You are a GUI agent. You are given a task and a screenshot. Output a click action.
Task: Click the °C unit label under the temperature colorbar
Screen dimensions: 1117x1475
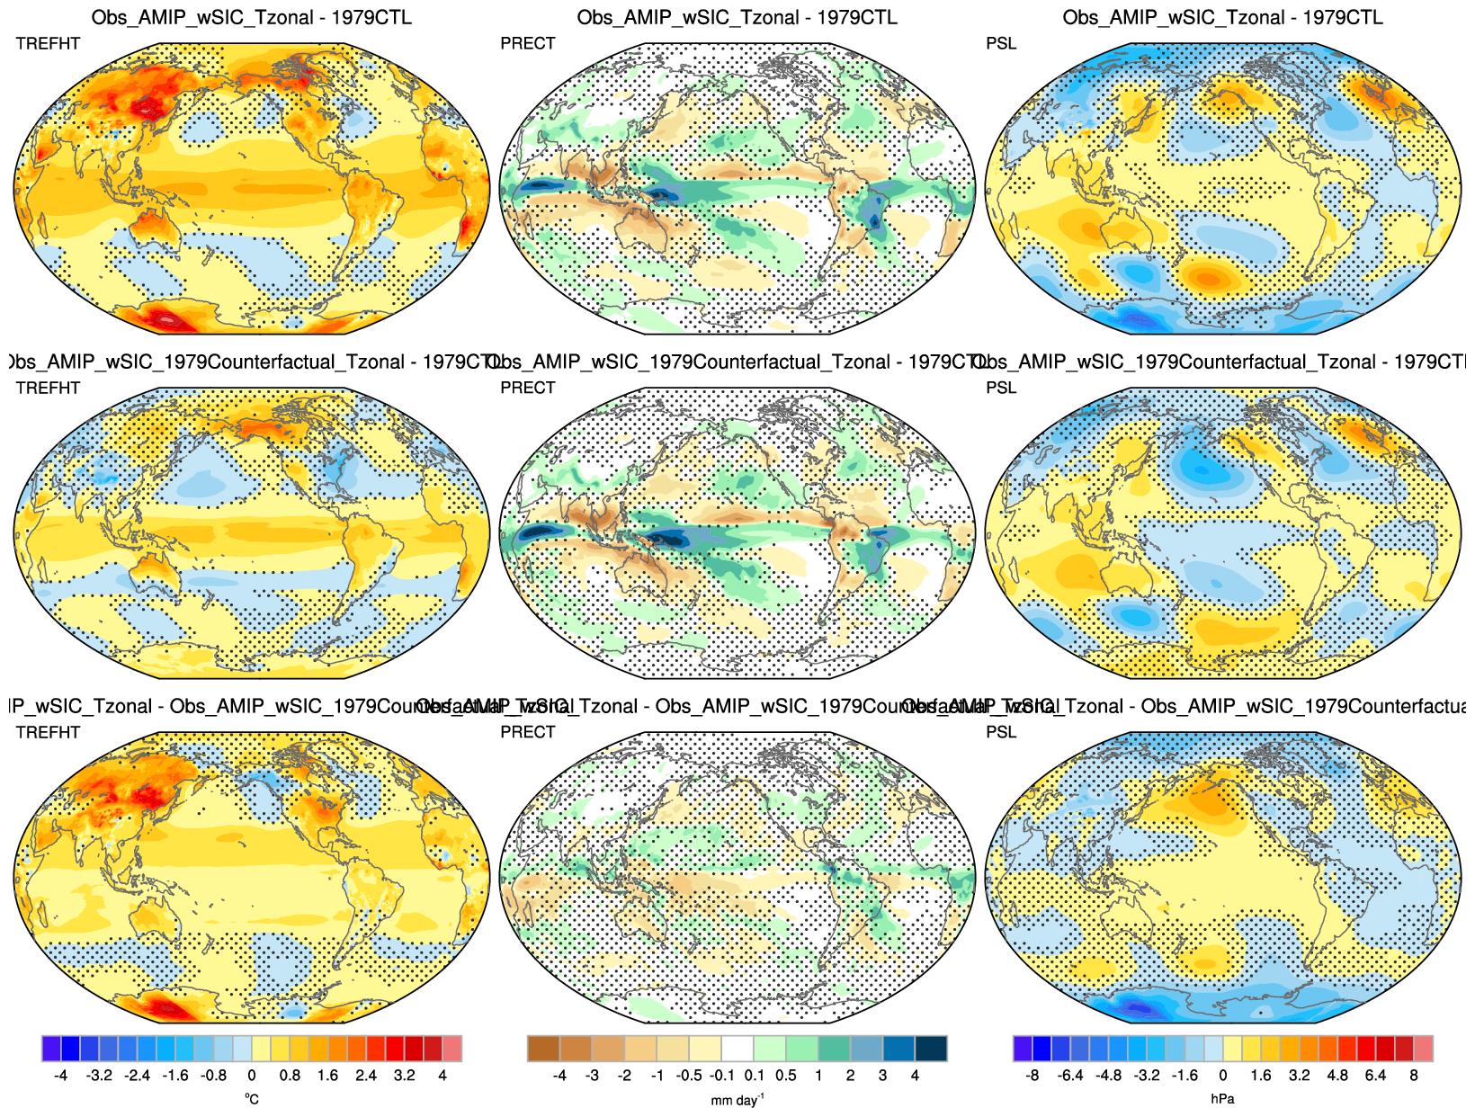point(251,1099)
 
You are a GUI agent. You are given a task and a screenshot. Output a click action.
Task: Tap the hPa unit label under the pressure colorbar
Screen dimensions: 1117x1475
point(1222,1099)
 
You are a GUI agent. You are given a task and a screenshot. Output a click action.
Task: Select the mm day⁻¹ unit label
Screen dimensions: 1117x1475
point(737,1100)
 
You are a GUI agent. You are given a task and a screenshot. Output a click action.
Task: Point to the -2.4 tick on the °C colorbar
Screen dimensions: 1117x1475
point(137,1076)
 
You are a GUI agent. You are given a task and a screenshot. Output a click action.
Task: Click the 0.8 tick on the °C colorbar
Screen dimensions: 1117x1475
point(290,1076)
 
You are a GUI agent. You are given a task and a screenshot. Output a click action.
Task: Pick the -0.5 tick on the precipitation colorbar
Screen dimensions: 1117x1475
point(689,1076)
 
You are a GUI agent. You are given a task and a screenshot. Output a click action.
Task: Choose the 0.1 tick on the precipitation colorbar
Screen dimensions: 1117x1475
point(754,1076)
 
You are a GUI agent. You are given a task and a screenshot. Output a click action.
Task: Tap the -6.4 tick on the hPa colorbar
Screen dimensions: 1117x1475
point(1070,1076)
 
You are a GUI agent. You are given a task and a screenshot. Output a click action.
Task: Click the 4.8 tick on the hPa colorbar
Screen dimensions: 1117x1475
point(1337,1076)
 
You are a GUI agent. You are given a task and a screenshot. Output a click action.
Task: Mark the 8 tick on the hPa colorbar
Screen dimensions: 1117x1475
point(1414,1076)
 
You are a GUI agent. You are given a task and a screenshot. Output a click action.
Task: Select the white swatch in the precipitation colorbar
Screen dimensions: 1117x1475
point(737,1049)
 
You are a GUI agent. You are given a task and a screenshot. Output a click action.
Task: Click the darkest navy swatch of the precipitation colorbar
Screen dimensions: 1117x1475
point(931,1049)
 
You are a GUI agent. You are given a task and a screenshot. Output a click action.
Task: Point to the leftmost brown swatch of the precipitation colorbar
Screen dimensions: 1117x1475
point(542,1049)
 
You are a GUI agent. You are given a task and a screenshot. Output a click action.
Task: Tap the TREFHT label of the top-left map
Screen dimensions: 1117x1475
point(48,43)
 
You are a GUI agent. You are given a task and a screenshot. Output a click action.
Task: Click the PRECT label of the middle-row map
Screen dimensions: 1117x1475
point(528,388)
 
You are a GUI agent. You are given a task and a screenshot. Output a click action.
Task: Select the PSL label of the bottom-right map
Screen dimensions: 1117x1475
point(1001,732)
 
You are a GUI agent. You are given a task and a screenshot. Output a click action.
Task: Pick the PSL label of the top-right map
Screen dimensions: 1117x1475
point(1001,43)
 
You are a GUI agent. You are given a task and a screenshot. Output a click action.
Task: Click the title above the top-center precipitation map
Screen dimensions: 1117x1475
point(737,17)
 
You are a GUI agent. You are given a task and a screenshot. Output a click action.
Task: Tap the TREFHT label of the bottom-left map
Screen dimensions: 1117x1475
point(48,732)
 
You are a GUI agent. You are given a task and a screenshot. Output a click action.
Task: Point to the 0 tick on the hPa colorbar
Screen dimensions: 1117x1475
point(1222,1076)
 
